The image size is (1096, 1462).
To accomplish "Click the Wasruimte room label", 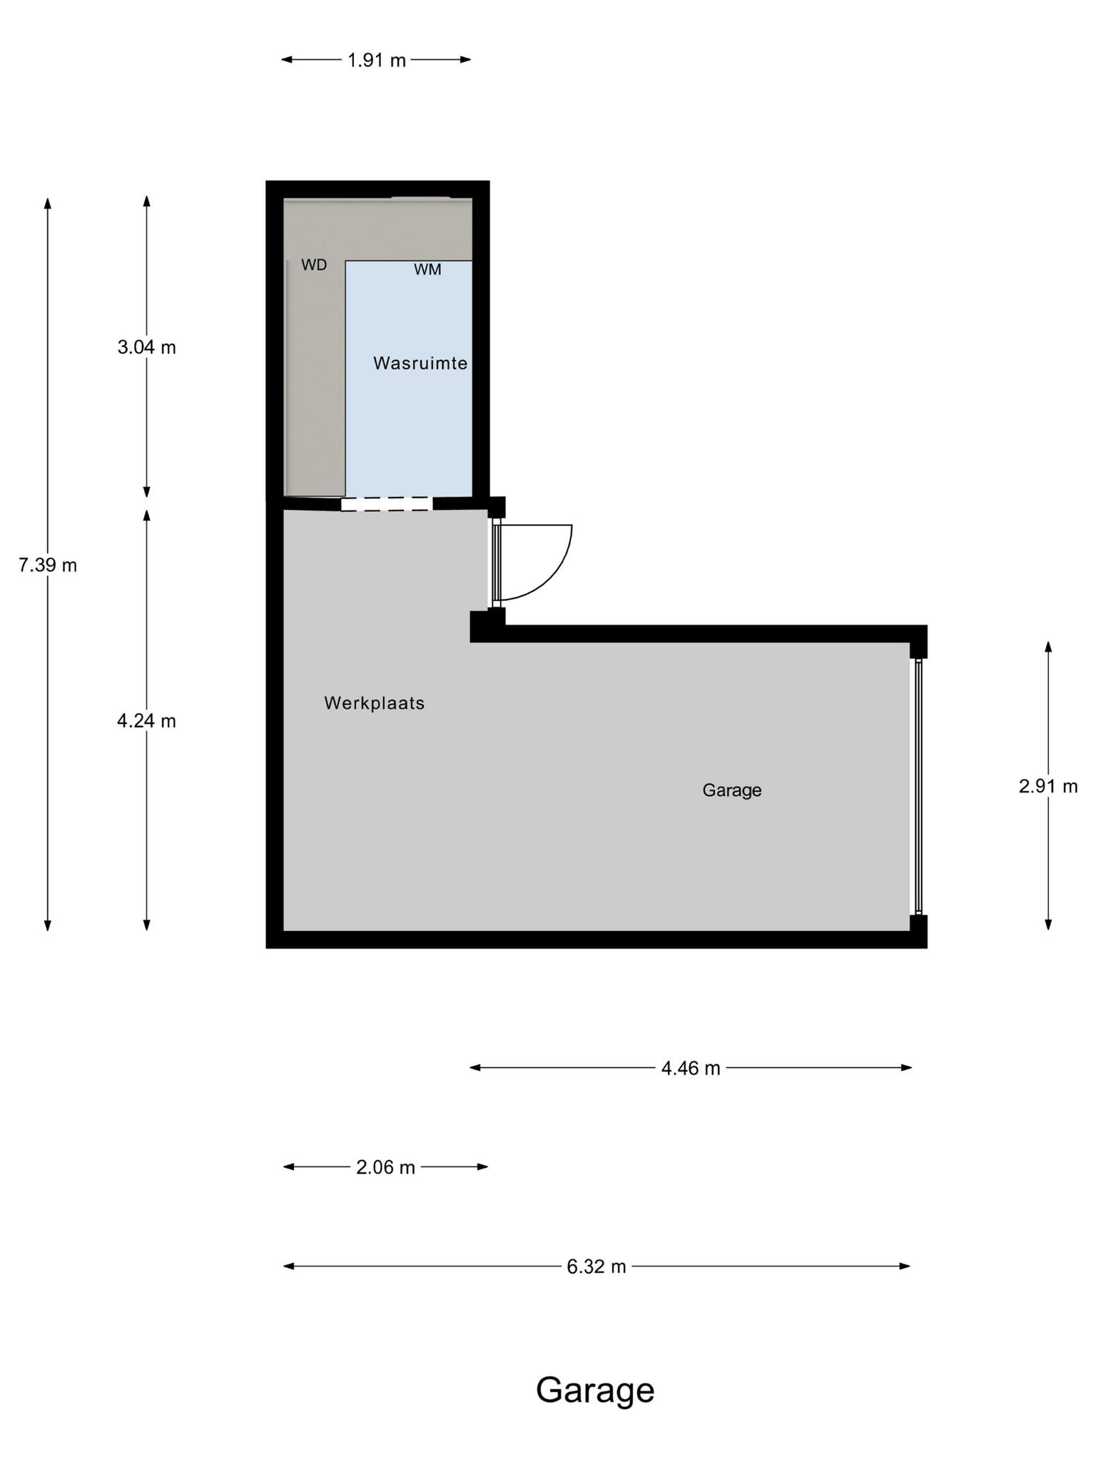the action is click(420, 363).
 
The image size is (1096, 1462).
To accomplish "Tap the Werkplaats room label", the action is click(375, 703).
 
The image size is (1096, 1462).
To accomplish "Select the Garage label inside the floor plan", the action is click(732, 790).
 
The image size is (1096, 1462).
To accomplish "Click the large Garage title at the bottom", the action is click(595, 1391).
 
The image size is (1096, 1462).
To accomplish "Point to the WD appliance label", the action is click(314, 265).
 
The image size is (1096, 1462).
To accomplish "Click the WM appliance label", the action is click(427, 270).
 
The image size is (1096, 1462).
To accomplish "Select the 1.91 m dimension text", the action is click(377, 60).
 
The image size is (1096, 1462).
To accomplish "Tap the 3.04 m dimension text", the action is click(147, 348).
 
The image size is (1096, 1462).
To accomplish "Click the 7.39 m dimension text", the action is click(48, 565).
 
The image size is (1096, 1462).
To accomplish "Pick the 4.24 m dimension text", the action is click(147, 721).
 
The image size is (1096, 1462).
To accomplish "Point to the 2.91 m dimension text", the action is click(1048, 786).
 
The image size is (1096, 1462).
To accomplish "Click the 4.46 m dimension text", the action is click(691, 1068).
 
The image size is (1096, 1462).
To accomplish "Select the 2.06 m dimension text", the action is click(385, 1167).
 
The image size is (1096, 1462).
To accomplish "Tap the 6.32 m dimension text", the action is click(597, 1266).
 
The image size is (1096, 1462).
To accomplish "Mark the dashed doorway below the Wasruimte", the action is click(387, 504).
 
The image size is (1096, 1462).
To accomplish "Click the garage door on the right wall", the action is click(919, 787).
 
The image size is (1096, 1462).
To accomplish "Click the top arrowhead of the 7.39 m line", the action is click(48, 203).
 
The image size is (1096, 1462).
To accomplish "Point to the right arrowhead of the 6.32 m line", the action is click(905, 1266).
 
